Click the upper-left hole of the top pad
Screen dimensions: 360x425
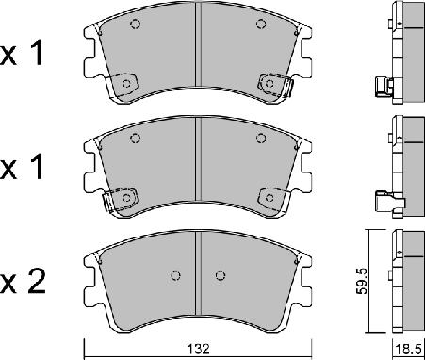click(134, 25)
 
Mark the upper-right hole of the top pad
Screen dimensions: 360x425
click(261, 25)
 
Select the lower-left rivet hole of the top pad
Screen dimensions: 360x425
click(125, 85)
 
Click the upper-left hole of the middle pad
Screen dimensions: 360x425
click(134, 139)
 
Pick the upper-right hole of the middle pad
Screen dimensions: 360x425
click(261, 139)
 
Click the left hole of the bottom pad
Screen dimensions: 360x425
click(176, 276)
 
